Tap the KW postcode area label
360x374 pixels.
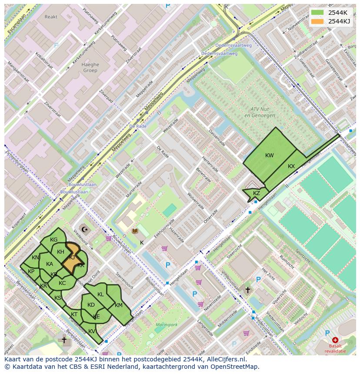270,156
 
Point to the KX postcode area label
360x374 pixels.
291,166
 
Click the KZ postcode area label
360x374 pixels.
257,193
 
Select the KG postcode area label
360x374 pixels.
54,240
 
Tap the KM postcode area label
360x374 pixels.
119,305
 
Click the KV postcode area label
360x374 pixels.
92,331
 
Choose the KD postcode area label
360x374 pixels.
91,305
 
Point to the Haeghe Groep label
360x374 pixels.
90,67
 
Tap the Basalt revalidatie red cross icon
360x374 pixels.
335,340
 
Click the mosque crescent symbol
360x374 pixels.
84,228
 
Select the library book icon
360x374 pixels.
135,231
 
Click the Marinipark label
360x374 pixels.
167,324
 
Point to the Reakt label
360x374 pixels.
51,17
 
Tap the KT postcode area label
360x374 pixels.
74,314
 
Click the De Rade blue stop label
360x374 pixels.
138,126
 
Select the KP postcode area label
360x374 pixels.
31,271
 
